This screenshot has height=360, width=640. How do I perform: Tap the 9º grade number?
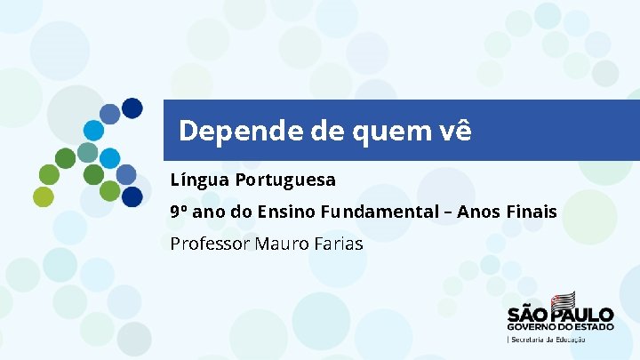[180, 212]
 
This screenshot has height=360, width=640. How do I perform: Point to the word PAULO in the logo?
[581, 315]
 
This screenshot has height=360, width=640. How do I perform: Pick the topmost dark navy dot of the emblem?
[132, 108]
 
